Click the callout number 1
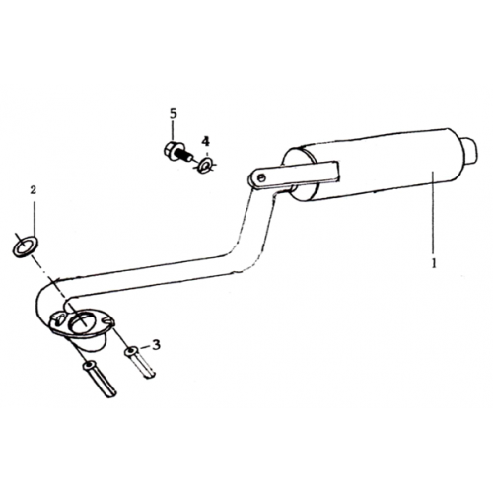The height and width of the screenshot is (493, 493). [x=434, y=263]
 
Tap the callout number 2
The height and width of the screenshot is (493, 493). [x=33, y=189]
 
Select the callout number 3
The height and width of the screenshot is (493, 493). [x=156, y=345]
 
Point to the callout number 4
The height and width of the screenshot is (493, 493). [x=205, y=141]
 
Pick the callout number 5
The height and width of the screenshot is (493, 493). [x=174, y=113]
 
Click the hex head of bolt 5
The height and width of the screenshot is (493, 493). [x=173, y=150]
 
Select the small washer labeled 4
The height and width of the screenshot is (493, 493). [x=206, y=165]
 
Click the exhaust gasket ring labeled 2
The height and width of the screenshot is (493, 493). [x=25, y=246]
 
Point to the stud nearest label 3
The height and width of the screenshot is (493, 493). [x=139, y=363]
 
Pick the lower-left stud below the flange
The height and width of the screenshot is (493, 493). [x=100, y=379]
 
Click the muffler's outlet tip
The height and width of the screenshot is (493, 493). [x=470, y=150]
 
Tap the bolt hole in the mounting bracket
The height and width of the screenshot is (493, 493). [x=261, y=178]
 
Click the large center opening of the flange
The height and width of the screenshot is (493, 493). [x=81, y=322]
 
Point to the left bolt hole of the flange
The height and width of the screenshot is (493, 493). [x=59, y=318]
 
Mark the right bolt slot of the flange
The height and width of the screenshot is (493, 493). [x=107, y=320]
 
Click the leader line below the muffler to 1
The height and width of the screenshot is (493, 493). [x=433, y=214]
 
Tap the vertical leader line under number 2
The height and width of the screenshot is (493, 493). [x=34, y=217]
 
